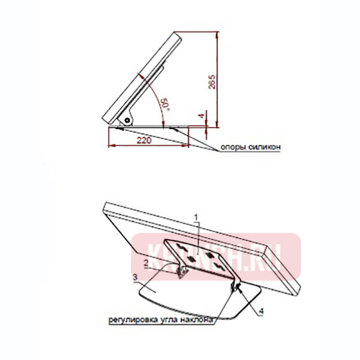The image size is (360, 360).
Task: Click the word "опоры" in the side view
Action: tap(233, 147)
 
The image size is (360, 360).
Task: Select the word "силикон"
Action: tap(263, 147)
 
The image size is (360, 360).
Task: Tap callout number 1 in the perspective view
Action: tap(195, 214)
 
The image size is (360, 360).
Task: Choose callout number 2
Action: tap(146, 262)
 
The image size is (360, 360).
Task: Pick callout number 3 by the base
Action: tap(135, 277)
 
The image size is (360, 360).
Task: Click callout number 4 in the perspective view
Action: tap(262, 311)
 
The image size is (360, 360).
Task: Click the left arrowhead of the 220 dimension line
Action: tap(110, 146)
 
